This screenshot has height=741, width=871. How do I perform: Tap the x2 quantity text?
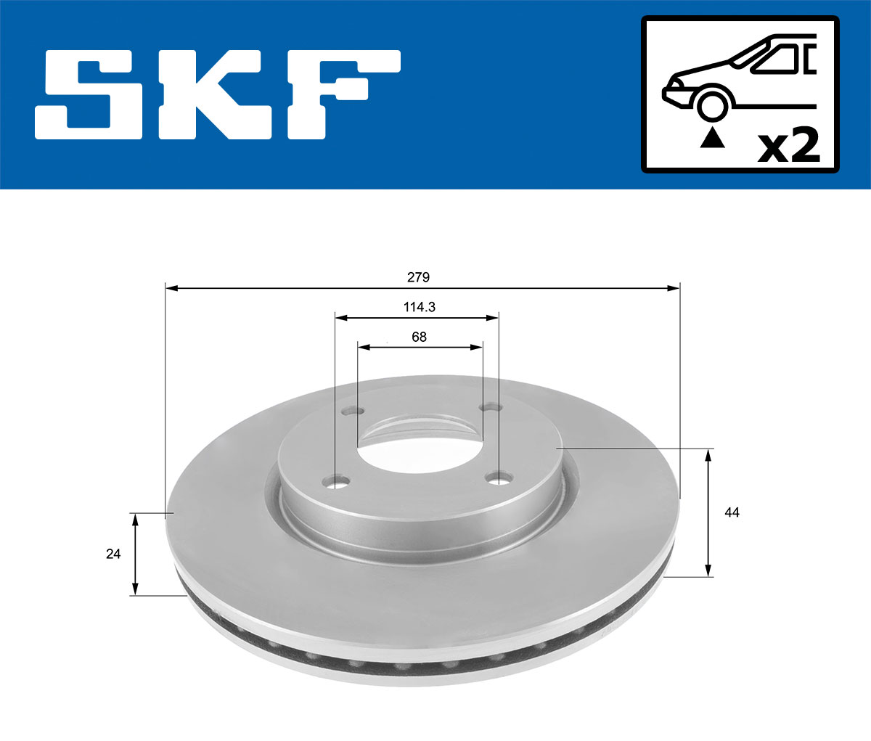pos(788,145)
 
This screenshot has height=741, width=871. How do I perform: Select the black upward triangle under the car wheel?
pos(712,136)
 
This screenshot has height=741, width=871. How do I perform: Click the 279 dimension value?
pos(418,277)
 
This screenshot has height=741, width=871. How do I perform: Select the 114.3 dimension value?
pos(419,307)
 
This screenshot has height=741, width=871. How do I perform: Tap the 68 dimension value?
pos(419,337)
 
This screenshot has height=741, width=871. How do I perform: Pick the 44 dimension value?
pos(732,512)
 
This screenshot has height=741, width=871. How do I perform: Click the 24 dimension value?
pos(113,554)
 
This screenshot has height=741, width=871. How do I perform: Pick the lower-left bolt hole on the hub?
pos(336,482)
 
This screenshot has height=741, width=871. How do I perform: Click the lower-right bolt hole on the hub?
pos(499,478)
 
